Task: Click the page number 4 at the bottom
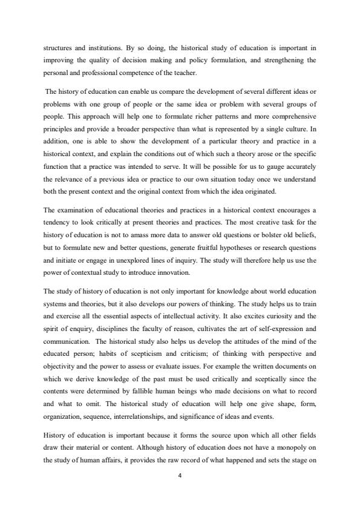pos(180,475)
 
